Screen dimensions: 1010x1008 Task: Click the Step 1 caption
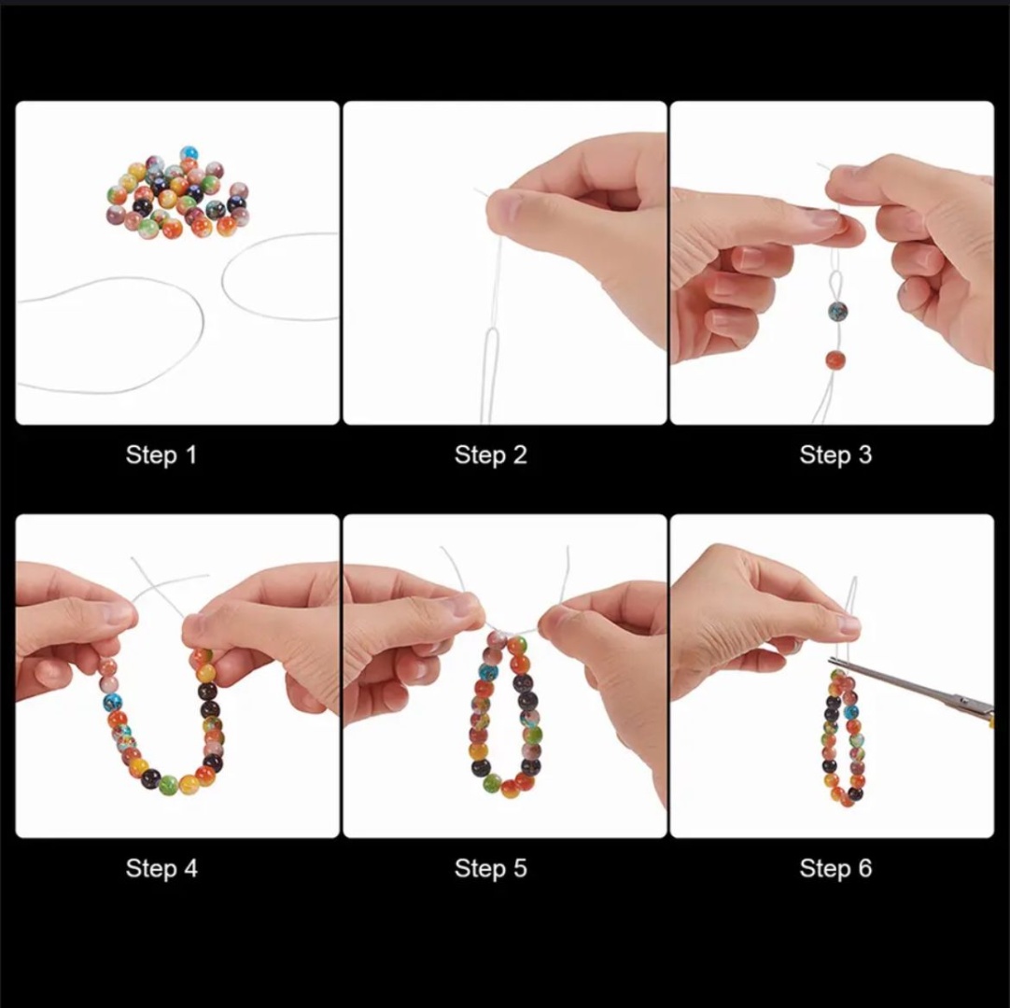coord(161,455)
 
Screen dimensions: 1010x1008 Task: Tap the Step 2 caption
coord(491,455)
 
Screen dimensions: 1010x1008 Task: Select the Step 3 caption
coord(835,455)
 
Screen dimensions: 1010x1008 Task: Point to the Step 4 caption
coord(161,868)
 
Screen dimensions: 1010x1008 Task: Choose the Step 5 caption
coord(491,868)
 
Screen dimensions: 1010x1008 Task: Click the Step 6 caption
coord(835,868)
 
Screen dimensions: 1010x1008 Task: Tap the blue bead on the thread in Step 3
coord(837,312)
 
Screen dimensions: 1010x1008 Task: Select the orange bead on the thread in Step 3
coord(835,360)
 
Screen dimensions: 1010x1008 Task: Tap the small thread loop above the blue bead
coord(836,285)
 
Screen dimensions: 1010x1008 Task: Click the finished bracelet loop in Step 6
coord(845,737)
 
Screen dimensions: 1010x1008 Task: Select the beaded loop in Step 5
coord(506,715)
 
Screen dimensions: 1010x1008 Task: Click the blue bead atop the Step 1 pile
coord(189,153)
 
